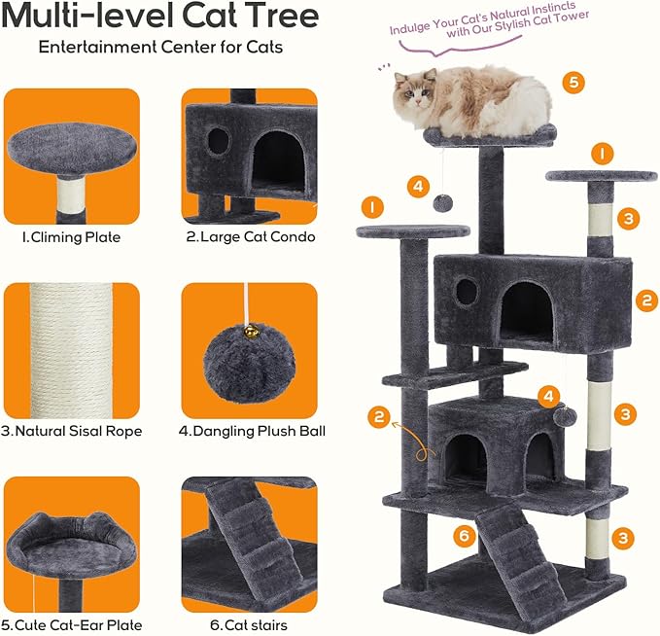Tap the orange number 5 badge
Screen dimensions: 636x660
click(x=573, y=82)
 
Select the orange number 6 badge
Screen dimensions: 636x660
click(x=466, y=534)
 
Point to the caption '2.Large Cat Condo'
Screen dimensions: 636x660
click(x=250, y=235)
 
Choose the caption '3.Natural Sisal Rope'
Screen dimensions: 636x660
click(x=72, y=431)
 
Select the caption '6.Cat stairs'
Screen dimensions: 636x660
click(x=249, y=624)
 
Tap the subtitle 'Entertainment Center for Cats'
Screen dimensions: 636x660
click(x=160, y=48)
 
